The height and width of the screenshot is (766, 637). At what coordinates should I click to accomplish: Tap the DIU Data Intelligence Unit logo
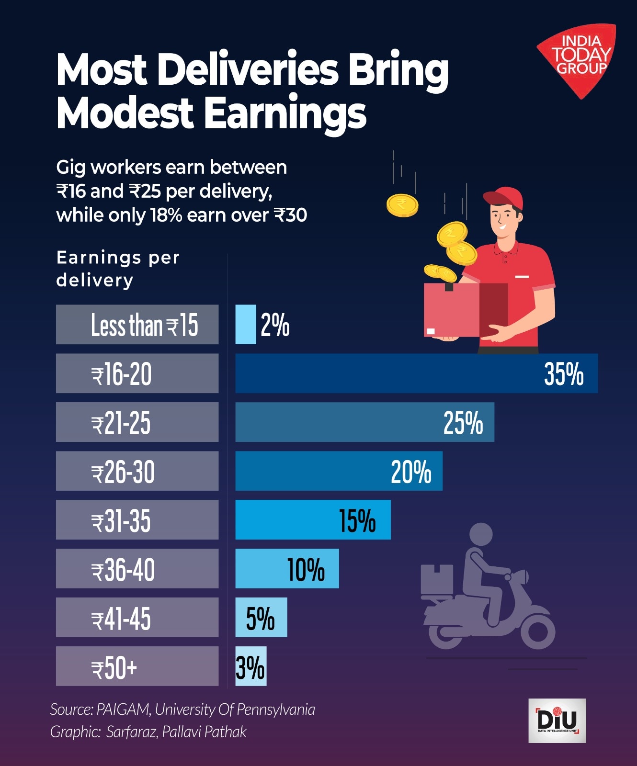[x=557, y=721]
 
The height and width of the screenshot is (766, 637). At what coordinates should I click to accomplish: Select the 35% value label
[x=564, y=374]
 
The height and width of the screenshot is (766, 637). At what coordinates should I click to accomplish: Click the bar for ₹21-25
[x=364, y=422]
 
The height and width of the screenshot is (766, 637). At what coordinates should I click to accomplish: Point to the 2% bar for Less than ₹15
[x=246, y=325]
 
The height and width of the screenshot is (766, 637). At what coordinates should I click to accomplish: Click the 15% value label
[x=357, y=520]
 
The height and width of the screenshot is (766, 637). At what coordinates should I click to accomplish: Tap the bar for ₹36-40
[x=286, y=569]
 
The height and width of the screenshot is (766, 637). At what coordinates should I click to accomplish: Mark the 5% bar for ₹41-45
[x=261, y=618]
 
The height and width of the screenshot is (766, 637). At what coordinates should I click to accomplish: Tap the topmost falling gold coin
[x=402, y=205]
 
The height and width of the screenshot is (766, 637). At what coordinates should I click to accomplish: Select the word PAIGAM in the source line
[x=123, y=710]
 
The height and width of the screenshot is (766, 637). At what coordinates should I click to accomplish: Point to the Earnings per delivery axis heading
[x=118, y=269]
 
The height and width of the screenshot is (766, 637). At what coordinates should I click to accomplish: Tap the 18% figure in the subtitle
[x=166, y=215]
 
